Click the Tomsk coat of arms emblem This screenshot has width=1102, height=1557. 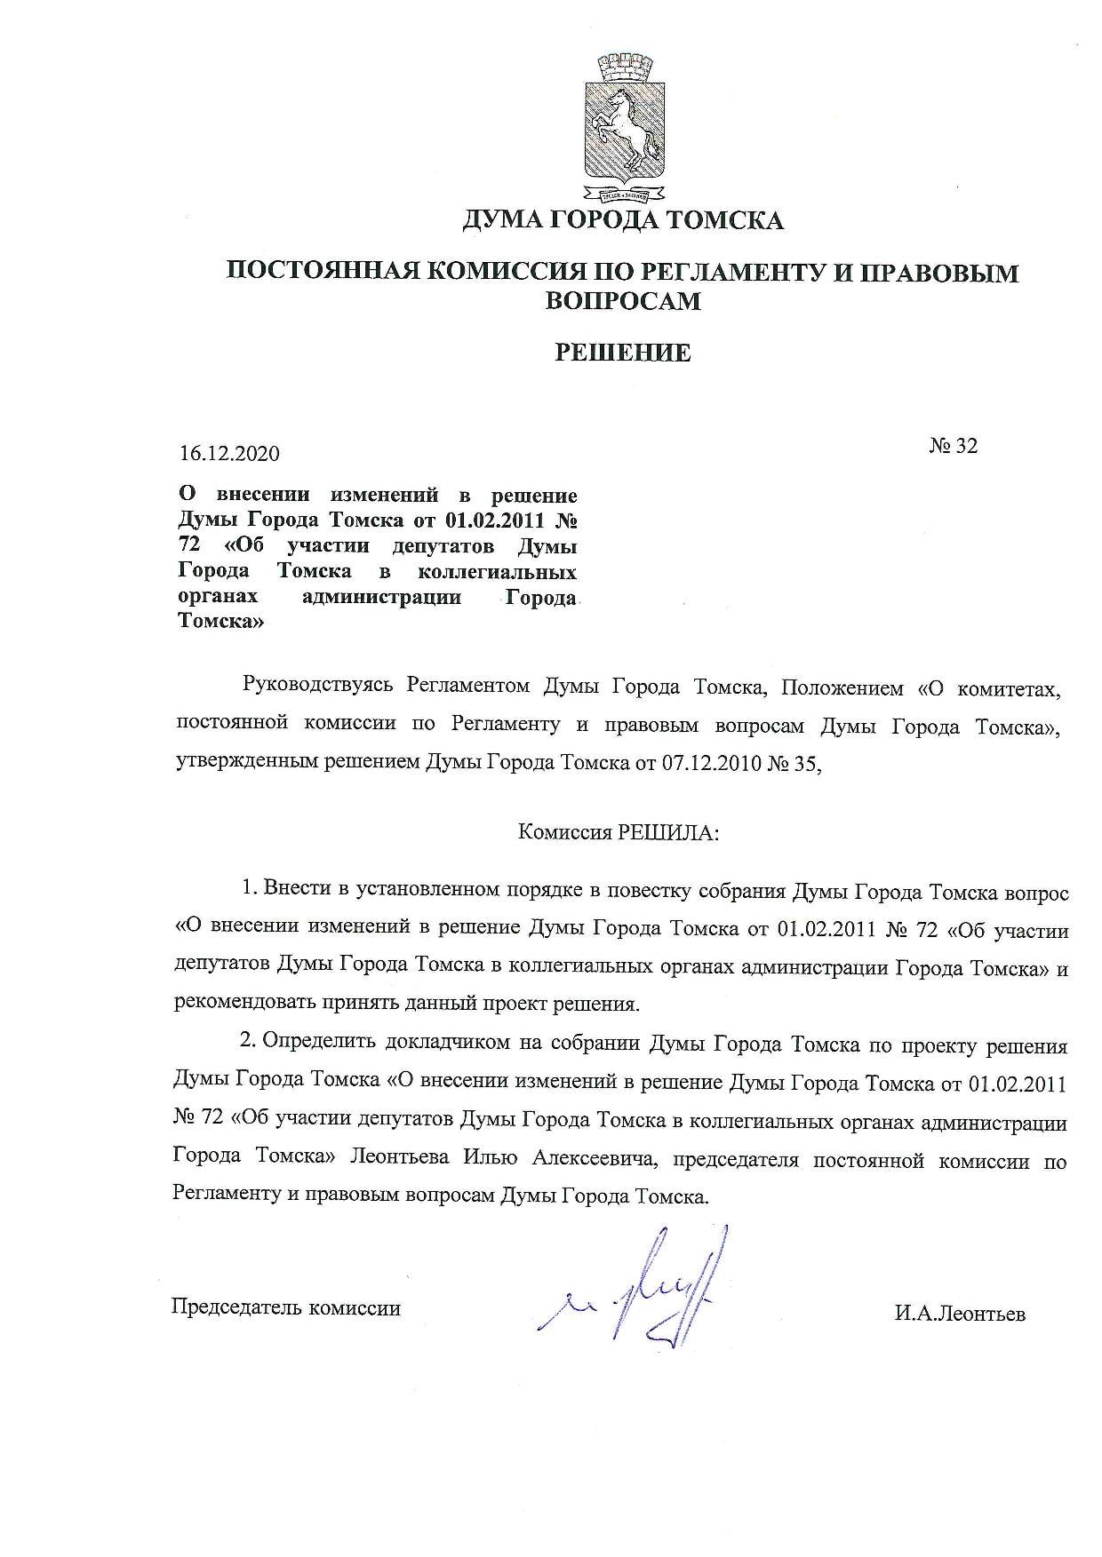pyautogui.click(x=623, y=127)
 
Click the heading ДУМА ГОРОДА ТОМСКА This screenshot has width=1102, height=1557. pyautogui.click(x=622, y=219)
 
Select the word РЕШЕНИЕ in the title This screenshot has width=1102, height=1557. pyautogui.click(x=622, y=353)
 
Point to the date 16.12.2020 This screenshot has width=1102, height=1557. pyautogui.click(x=229, y=454)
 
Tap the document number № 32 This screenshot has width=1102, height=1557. pyautogui.click(x=954, y=446)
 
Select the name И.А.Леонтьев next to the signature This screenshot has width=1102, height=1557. pyautogui.click(x=960, y=1315)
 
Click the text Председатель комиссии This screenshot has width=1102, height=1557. pyautogui.click(x=285, y=1308)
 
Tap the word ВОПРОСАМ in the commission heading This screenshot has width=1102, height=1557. pyautogui.click(x=622, y=301)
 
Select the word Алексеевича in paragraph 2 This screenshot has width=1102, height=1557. pyautogui.click(x=595, y=1159)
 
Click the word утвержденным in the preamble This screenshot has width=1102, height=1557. pyautogui.click(x=235, y=763)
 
